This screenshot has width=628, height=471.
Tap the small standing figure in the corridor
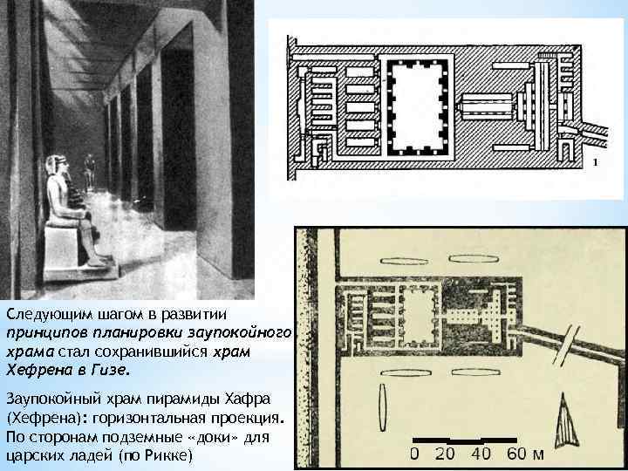pyautogui.click(x=89, y=168)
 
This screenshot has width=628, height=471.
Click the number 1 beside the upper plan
pyautogui.click(x=595, y=163)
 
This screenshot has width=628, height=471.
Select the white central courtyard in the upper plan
pyautogui.click(x=420, y=103)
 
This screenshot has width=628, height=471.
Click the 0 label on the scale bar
pyautogui.click(x=414, y=454)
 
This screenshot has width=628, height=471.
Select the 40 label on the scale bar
pyautogui.click(x=481, y=454)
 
